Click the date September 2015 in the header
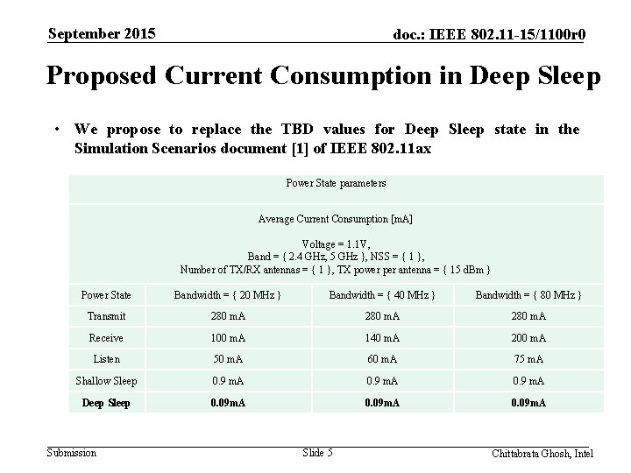pos(102,34)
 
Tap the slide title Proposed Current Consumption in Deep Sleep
pos(323,77)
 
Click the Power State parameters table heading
pos(336,183)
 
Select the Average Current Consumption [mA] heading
pos(336,218)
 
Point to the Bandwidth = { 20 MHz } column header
pos(227,295)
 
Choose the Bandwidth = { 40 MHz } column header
pos(381,295)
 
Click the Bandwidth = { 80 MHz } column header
pos(528,295)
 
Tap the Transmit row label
pos(106,316)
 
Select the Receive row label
pos(106,337)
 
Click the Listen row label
pos(106,359)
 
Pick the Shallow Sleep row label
pos(106,381)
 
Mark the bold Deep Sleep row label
pos(106,403)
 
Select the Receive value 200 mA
pos(528,337)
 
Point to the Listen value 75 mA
pos(528,359)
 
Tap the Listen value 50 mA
pos(227,359)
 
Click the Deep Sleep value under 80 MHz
pos(528,403)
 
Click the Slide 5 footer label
pos(317,452)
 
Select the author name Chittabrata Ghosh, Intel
pos(542,453)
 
